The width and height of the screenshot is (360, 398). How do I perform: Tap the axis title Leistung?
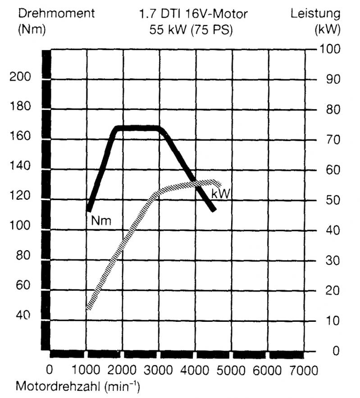pyautogui.click(x=315, y=13)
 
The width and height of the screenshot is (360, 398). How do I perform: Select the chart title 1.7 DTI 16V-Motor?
pyautogui.click(x=193, y=14)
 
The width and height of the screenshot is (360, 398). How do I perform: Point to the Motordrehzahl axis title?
pyautogui.click(x=77, y=386)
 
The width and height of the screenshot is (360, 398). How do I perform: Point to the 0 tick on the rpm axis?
pyautogui.click(x=50, y=371)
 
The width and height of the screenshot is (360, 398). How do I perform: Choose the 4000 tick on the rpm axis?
pyautogui.click(x=194, y=371)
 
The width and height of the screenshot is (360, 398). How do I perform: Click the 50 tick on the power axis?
pyautogui.click(x=333, y=200)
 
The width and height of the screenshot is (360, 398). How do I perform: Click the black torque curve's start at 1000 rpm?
pyautogui.click(x=89, y=210)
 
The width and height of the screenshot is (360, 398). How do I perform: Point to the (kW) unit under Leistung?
pyautogui.click(x=326, y=30)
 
